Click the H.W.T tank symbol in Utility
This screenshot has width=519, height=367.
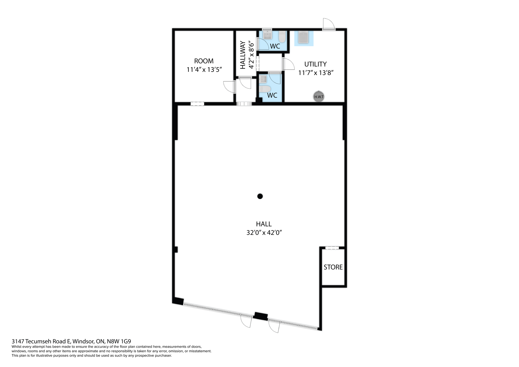(319, 97)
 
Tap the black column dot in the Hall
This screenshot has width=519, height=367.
(260, 196)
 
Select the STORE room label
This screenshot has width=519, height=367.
(333, 267)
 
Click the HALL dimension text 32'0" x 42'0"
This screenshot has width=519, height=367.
(264, 233)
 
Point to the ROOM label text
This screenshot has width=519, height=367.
(204, 61)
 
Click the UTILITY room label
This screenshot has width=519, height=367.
(315, 64)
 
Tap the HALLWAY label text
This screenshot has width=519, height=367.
(243, 55)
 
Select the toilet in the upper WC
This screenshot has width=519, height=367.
(282, 37)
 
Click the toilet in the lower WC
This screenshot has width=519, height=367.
(265, 89)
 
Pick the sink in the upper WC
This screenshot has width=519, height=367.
(267, 35)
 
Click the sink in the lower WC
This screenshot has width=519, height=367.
(263, 79)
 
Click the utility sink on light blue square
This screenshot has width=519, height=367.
(304, 37)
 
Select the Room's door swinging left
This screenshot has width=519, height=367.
(229, 87)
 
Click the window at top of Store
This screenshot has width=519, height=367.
(332, 248)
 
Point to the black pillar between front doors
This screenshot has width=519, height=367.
(261, 316)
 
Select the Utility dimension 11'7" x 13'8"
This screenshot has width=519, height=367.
(315, 73)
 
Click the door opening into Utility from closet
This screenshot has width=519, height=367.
(289, 64)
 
